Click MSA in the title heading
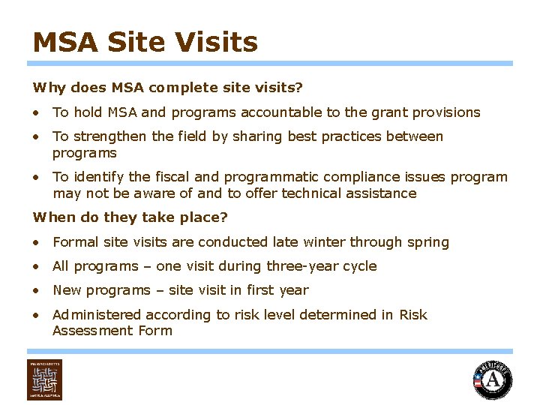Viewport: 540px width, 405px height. [x=66, y=42]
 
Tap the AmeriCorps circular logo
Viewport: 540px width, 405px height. [x=493, y=380]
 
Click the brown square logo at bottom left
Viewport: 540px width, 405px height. [x=45, y=379]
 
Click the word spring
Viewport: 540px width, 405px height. [x=428, y=243]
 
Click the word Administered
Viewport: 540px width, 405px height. [x=97, y=315]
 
